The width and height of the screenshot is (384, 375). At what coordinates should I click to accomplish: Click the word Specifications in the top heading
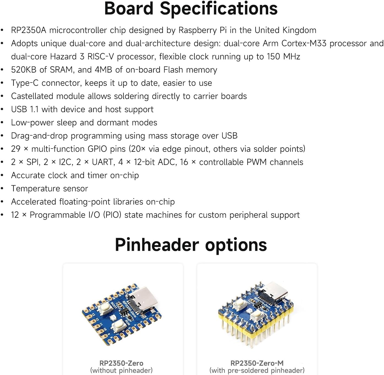tap(219, 9)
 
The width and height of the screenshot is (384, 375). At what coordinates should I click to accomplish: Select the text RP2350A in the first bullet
tap(28, 30)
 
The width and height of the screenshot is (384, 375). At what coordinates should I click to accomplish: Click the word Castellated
tap(32, 96)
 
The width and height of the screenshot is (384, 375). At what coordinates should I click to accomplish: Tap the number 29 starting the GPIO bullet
tap(16, 149)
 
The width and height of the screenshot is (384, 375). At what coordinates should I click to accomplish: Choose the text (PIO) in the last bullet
tap(112, 215)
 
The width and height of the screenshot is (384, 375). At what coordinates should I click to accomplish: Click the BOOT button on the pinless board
tap(105, 308)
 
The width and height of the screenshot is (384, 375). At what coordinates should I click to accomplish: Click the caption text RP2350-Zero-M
tap(257, 363)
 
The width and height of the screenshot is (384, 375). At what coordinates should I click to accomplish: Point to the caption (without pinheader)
tap(121, 371)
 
